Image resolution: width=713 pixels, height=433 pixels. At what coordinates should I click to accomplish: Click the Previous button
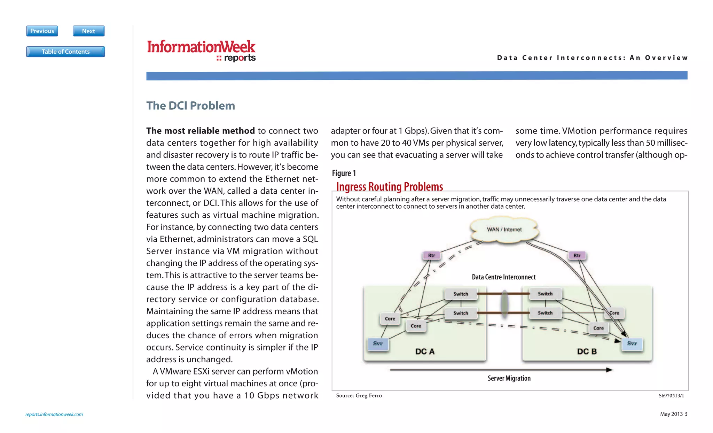coord(42,31)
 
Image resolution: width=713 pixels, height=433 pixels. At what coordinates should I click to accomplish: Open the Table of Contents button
coord(65,52)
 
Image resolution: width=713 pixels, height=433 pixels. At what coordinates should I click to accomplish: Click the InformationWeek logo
coord(201,51)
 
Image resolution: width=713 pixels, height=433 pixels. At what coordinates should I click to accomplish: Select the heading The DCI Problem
coord(190,106)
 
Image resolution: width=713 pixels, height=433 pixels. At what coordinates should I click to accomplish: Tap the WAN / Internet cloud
coord(504,229)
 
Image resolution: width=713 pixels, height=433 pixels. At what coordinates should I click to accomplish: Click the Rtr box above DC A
coord(431,255)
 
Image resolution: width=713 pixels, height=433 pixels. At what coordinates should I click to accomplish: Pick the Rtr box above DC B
coord(577,255)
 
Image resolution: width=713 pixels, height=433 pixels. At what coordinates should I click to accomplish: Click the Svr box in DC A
coord(378,343)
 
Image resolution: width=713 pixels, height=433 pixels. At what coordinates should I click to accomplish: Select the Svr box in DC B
coord(632,343)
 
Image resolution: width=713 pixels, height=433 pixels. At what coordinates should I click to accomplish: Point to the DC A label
coord(425,351)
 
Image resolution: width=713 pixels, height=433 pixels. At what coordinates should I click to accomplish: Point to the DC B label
coord(587,351)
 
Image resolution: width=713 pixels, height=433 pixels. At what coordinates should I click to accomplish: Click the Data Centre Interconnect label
coord(504,277)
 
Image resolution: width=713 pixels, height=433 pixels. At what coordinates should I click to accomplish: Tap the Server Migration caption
coord(509,378)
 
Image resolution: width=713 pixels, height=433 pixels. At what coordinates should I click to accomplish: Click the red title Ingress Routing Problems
coord(390,187)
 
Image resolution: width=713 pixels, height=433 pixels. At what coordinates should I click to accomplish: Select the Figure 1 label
coord(344,173)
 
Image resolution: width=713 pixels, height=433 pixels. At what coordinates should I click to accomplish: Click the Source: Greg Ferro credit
coord(359,395)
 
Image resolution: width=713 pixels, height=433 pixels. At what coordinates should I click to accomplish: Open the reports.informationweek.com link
coord(54,414)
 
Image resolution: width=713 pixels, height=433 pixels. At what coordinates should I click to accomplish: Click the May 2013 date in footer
coord(671,414)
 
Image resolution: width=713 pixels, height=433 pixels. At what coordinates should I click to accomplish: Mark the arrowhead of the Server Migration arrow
coord(609,370)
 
